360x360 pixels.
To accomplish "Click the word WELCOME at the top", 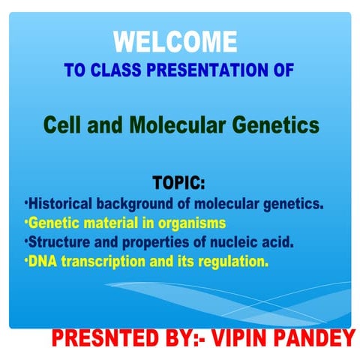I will click(x=175, y=42).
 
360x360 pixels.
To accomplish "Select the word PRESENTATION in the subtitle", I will click(x=201, y=71).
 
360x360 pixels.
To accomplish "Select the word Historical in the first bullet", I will click(x=59, y=204).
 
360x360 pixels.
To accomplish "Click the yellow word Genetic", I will click(x=52, y=223).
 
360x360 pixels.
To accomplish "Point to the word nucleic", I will click(x=228, y=243).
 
